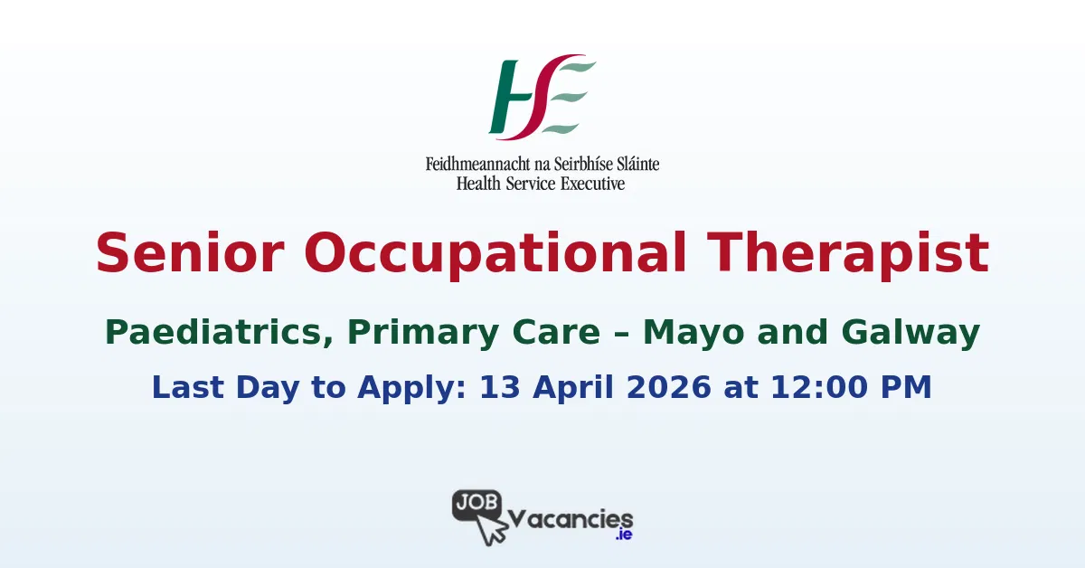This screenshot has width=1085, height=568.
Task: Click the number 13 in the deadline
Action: [x=496, y=387]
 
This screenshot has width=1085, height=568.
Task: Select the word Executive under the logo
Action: [x=591, y=183]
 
